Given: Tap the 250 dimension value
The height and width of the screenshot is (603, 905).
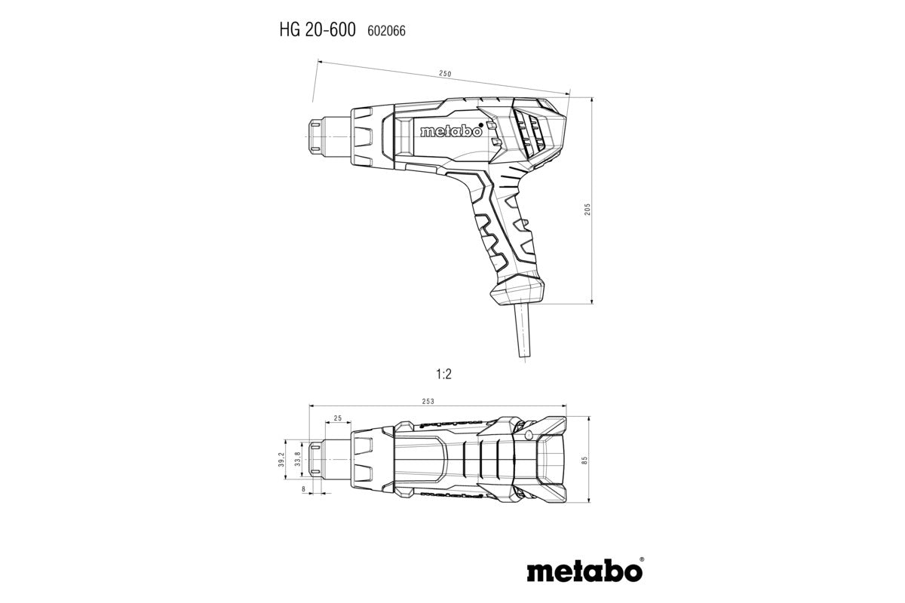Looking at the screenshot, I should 444,73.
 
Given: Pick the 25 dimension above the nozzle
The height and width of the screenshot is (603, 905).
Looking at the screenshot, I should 337,418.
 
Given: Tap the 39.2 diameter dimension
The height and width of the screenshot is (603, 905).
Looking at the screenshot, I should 280,459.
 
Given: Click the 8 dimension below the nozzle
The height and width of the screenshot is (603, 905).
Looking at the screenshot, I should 303,489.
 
